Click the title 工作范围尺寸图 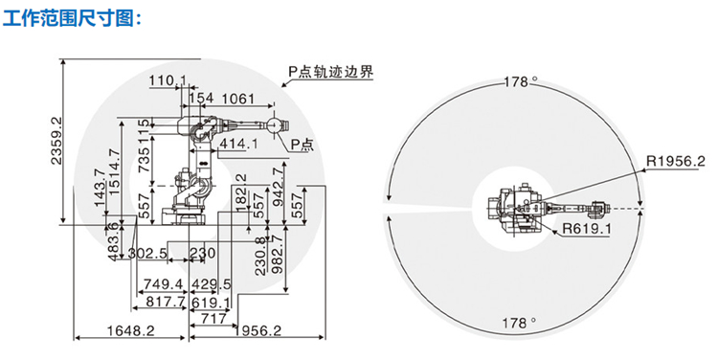(x=74, y=19)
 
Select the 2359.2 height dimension (x=56, y=140)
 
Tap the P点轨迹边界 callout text (x=330, y=72)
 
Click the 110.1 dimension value (x=167, y=80)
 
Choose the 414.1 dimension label (x=238, y=144)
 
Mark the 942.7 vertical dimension (x=278, y=187)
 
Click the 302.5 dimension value (x=147, y=254)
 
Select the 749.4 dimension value (x=164, y=284)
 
